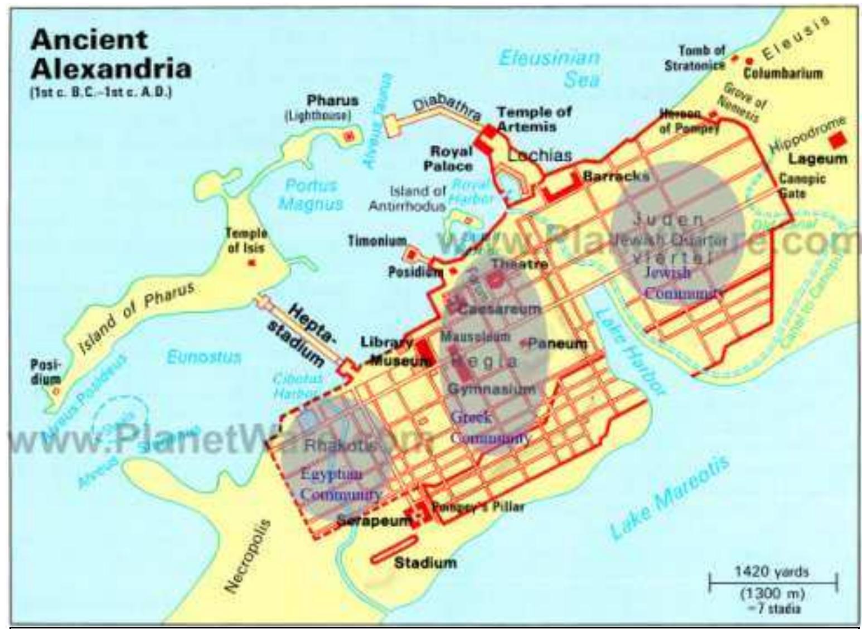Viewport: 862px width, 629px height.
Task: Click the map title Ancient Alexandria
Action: (x=110, y=54)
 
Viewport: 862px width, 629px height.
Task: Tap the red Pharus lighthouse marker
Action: (x=350, y=136)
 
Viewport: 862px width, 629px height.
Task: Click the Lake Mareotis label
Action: (x=669, y=498)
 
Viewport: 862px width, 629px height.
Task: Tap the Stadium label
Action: (x=425, y=562)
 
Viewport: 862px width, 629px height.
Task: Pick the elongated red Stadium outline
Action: (x=394, y=550)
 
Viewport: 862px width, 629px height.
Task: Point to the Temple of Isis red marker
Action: (x=251, y=262)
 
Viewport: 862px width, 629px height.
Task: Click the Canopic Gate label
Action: (x=802, y=186)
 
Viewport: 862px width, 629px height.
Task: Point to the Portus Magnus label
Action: (x=311, y=195)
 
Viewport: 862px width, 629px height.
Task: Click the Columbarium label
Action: (x=782, y=72)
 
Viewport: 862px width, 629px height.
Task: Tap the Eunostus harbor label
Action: (x=204, y=357)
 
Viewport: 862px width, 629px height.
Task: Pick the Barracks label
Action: (x=616, y=176)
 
